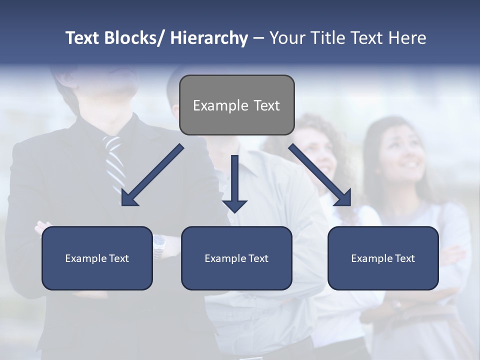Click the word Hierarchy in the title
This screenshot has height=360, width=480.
click(209, 38)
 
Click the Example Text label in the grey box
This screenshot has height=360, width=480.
click(236, 105)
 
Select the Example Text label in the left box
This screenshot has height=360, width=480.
click(97, 258)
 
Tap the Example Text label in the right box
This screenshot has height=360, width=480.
click(383, 258)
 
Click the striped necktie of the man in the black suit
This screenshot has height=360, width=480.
click(114, 160)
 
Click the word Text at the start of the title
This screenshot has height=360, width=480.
click(83, 38)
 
